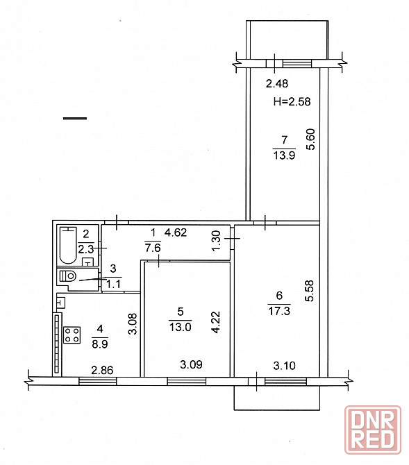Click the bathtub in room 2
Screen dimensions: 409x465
pyautogui.click(x=67, y=245)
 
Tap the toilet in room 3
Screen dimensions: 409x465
pyautogui.click(x=68, y=276)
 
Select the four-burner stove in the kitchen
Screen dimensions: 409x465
pyautogui.click(x=72, y=335)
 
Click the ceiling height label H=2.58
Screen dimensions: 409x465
pyautogui.click(x=292, y=102)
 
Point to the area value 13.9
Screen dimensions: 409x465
pyautogui.click(x=284, y=155)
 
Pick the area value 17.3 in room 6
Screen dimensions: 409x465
pyautogui.click(x=279, y=311)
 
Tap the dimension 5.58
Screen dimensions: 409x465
pyautogui.click(x=309, y=291)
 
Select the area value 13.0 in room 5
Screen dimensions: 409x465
pyautogui.click(x=180, y=327)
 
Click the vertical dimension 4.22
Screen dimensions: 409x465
pyautogui.click(x=216, y=322)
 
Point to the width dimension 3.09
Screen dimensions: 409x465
pyautogui.click(x=191, y=364)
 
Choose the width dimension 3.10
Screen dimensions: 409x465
pyautogui.click(x=284, y=365)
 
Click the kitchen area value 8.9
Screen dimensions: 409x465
pyautogui.click(x=100, y=344)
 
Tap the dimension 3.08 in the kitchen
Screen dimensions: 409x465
pyautogui.click(x=133, y=324)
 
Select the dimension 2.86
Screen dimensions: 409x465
pyautogui.click(x=102, y=370)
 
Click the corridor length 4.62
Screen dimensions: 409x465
pyautogui.click(x=176, y=232)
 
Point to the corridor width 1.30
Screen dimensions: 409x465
pyautogui.click(x=217, y=240)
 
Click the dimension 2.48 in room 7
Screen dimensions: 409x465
pyautogui.click(x=277, y=83)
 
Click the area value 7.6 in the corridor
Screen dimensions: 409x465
pyautogui.click(x=153, y=248)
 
